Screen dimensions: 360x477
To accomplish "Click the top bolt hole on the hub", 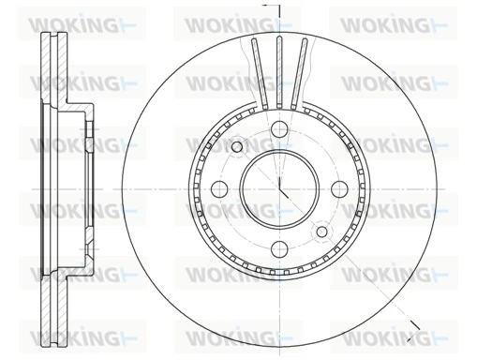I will [279, 131].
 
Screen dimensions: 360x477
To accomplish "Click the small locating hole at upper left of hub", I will [236, 146].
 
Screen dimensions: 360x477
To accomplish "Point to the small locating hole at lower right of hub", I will [322, 230].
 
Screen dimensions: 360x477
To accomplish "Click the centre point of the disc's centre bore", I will [279, 187].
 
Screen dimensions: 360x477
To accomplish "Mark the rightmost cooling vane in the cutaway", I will [302, 69].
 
